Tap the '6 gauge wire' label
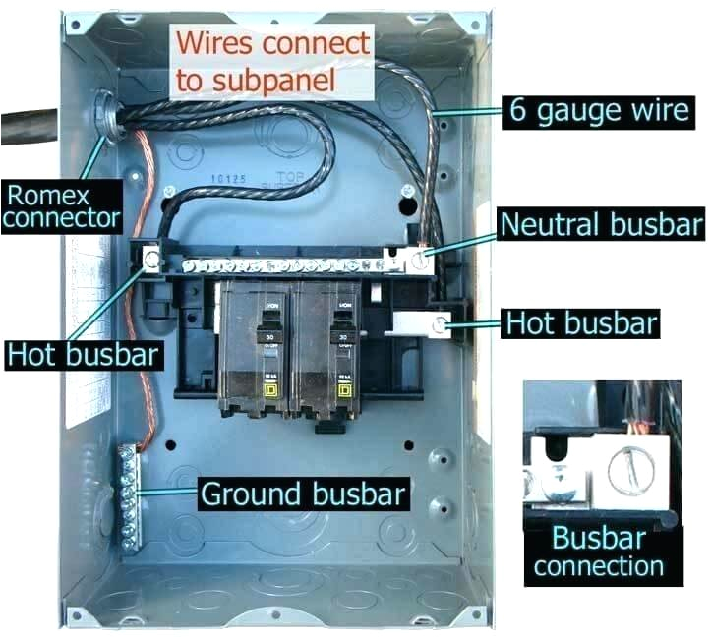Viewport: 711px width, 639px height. pos(598,109)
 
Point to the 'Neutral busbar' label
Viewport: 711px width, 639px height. pos(601,223)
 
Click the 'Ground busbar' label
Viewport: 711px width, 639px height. pos(302,493)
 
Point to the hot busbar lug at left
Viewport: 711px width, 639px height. pos(152,261)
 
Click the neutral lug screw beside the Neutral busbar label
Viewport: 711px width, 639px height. pos(420,261)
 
